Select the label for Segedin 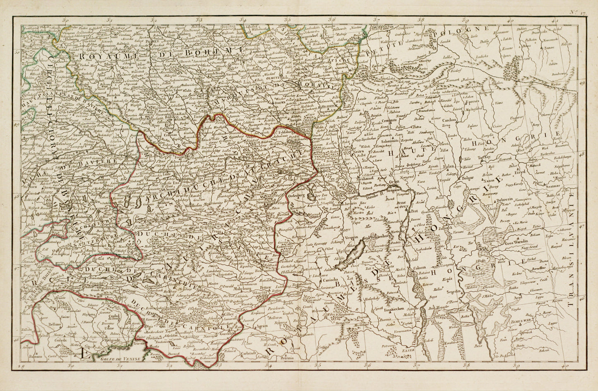coord(454,292)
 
